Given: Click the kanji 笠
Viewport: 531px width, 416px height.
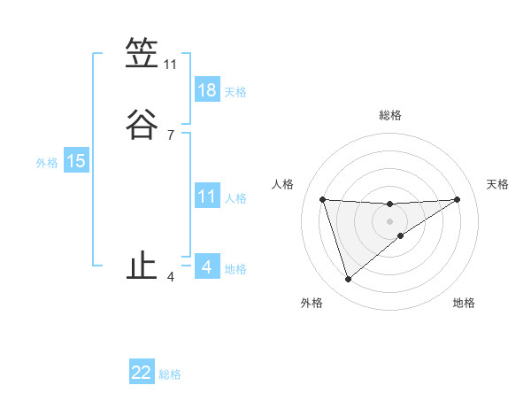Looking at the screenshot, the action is point(142,54).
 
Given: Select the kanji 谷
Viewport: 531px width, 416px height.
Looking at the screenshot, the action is point(142,124).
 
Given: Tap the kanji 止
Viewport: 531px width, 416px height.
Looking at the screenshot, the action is point(142,266).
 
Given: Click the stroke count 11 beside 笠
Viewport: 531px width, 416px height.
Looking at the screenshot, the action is point(171,65).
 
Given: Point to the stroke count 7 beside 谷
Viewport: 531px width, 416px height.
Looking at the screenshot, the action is point(171,135).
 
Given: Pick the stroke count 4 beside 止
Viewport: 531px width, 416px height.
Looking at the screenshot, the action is point(171,277).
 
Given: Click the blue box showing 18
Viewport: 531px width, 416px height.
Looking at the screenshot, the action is point(206,90).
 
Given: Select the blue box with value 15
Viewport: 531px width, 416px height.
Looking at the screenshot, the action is point(76,161).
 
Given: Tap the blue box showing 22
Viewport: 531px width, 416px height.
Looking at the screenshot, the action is point(142,373).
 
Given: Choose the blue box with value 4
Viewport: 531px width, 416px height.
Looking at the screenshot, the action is point(206,267).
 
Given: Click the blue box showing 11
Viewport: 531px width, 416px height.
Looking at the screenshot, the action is point(206,196).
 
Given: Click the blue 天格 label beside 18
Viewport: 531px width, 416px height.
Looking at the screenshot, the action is point(235,92).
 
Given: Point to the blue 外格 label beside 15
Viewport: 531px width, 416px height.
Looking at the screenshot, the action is point(47,163).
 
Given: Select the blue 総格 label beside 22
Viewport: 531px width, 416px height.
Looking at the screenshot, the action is point(170,374).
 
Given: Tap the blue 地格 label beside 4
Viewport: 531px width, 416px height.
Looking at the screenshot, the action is point(235,269).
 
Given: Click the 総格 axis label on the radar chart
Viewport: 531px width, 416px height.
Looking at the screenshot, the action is point(389,115).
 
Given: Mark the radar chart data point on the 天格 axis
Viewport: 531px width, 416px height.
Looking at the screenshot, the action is point(457,199).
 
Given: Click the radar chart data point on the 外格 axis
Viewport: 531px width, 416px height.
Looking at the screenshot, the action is point(348,280).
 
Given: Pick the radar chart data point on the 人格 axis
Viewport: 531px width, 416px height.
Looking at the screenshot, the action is point(323,199).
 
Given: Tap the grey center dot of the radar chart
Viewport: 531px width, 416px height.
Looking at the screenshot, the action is point(389,220).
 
